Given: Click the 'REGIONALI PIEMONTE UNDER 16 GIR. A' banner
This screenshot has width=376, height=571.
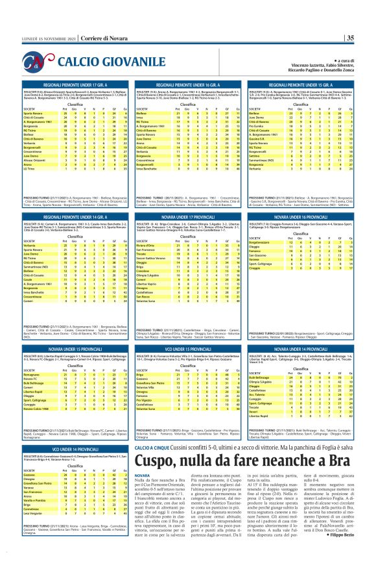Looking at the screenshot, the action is pyautogui.click(x=187, y=85).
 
